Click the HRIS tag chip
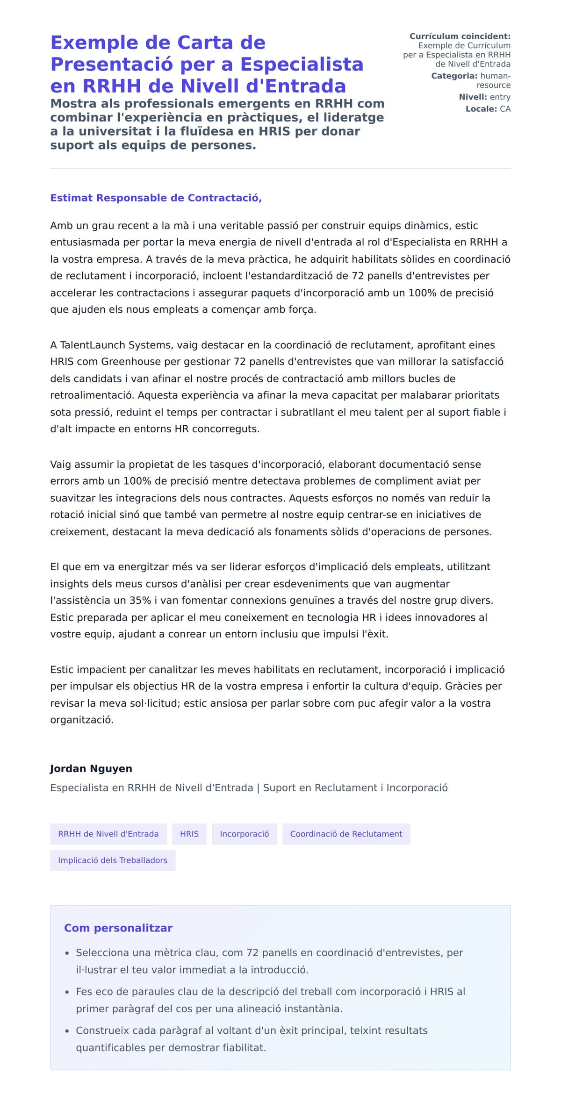coord(189,834)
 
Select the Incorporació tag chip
coord(245,834)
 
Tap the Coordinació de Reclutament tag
coord(346,834)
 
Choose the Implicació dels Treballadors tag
coord(113,860)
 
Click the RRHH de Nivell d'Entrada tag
coord(108,834)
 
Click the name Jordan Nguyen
coord(91,768)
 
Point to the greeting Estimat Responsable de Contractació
coord(156,198)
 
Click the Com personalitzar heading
coord(118,928)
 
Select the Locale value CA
coord(505,109)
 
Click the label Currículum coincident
coord(460,36)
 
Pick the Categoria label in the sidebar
coord(454,76)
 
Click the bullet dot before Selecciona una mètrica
coord(67,953)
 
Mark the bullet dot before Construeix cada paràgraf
coord(67,1031)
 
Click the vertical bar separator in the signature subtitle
coord(258,788)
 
